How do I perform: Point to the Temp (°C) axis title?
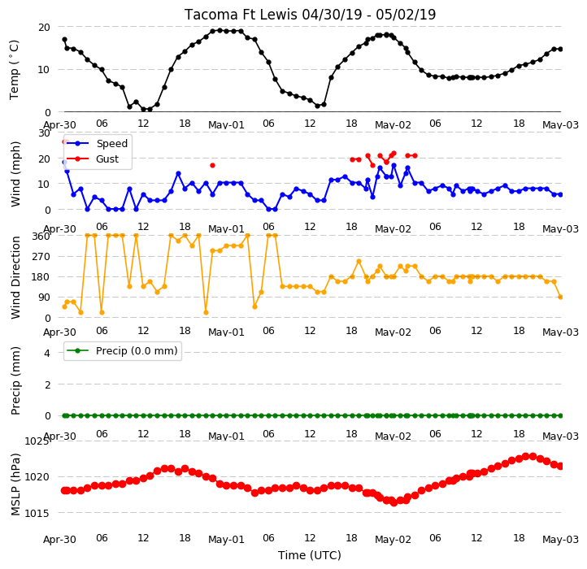coord(14,70)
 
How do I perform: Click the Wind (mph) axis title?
coord(15,174)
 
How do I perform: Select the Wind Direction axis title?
coord(15,277)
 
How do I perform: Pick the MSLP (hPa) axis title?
coord(15,484)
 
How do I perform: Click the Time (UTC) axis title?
coord(310,555)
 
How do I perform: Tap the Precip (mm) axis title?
coord(15,380)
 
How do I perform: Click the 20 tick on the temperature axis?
coord(44,28)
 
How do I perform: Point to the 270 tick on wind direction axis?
coord(41,257)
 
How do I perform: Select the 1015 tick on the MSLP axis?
coord(37,513)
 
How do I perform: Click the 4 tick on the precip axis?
coord(47,353)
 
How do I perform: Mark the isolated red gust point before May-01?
coord(213,166)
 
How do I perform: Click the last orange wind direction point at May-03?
coord(560,298)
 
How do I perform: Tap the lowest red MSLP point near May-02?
coord(394,503)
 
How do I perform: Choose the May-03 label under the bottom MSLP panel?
coord(560,540)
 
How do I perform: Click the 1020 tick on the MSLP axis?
coord(37,477)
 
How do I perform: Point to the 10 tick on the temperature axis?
coord(44,70)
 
